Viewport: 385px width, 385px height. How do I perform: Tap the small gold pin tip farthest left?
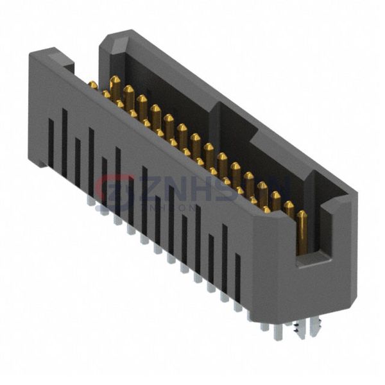[x=93, y=85]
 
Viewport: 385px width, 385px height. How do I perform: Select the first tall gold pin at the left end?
[x=115, y=86]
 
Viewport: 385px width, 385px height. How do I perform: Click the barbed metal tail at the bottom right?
[x=298, y=329]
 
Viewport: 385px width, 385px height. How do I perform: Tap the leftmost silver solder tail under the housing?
[x=90, y=203]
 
